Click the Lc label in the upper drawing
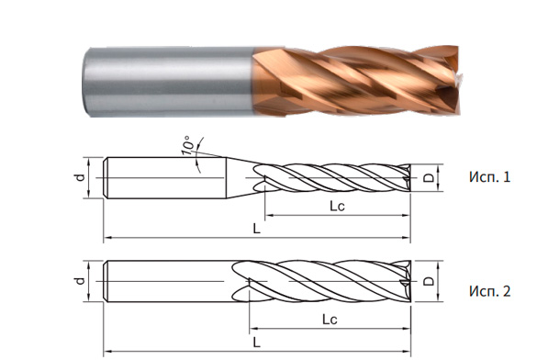click(x=337, y=208)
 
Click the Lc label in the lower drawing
click(x=328, y=319)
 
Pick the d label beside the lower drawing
click(x=80, y=280)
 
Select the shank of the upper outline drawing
click(x=165, y=176)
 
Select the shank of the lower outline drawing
click(x=165, y=280)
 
